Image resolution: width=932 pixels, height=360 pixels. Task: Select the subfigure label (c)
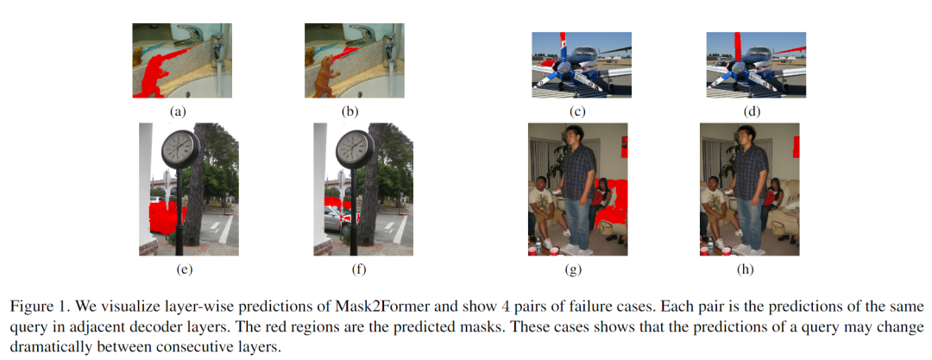tap(577, 111)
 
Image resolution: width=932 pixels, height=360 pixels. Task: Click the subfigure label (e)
tap(183, 269)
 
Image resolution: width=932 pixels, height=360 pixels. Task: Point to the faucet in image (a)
tap(215, 43)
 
